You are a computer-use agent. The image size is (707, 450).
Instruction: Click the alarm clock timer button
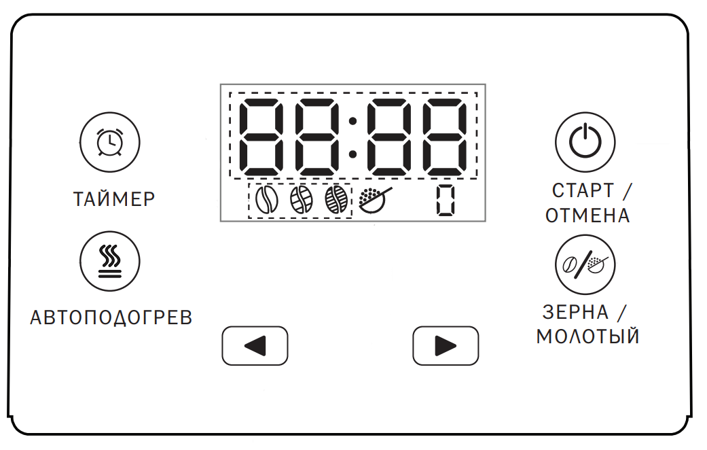tap(110, 142)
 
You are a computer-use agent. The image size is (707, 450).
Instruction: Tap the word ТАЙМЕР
tap(115, 199)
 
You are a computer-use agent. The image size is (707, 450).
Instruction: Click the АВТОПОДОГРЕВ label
tap(111, 317)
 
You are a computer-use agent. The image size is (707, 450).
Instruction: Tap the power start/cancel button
tap(585, 142)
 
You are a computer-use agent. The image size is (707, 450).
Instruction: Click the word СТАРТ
tap(583, 190)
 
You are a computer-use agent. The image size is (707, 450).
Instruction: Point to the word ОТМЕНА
tap(587, 215)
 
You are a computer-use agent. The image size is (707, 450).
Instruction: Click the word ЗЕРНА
tap(575, 312)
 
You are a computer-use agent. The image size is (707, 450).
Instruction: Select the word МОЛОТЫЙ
tap(588, 336)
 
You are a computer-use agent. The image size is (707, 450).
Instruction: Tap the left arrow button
tap(255, 346)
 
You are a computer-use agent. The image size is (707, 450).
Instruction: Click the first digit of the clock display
tap(261, 137)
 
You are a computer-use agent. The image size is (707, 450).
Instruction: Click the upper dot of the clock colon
tap(353, 120)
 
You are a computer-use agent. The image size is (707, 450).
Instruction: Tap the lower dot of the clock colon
tap(353, 154)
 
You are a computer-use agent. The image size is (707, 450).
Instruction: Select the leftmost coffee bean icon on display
tap(266, 199)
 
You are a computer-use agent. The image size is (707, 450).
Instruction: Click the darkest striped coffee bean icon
tap(336, 199)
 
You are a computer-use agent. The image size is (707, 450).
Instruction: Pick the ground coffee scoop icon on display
tap(375, 199)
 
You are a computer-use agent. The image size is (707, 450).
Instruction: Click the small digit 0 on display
tap(446, 200)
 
